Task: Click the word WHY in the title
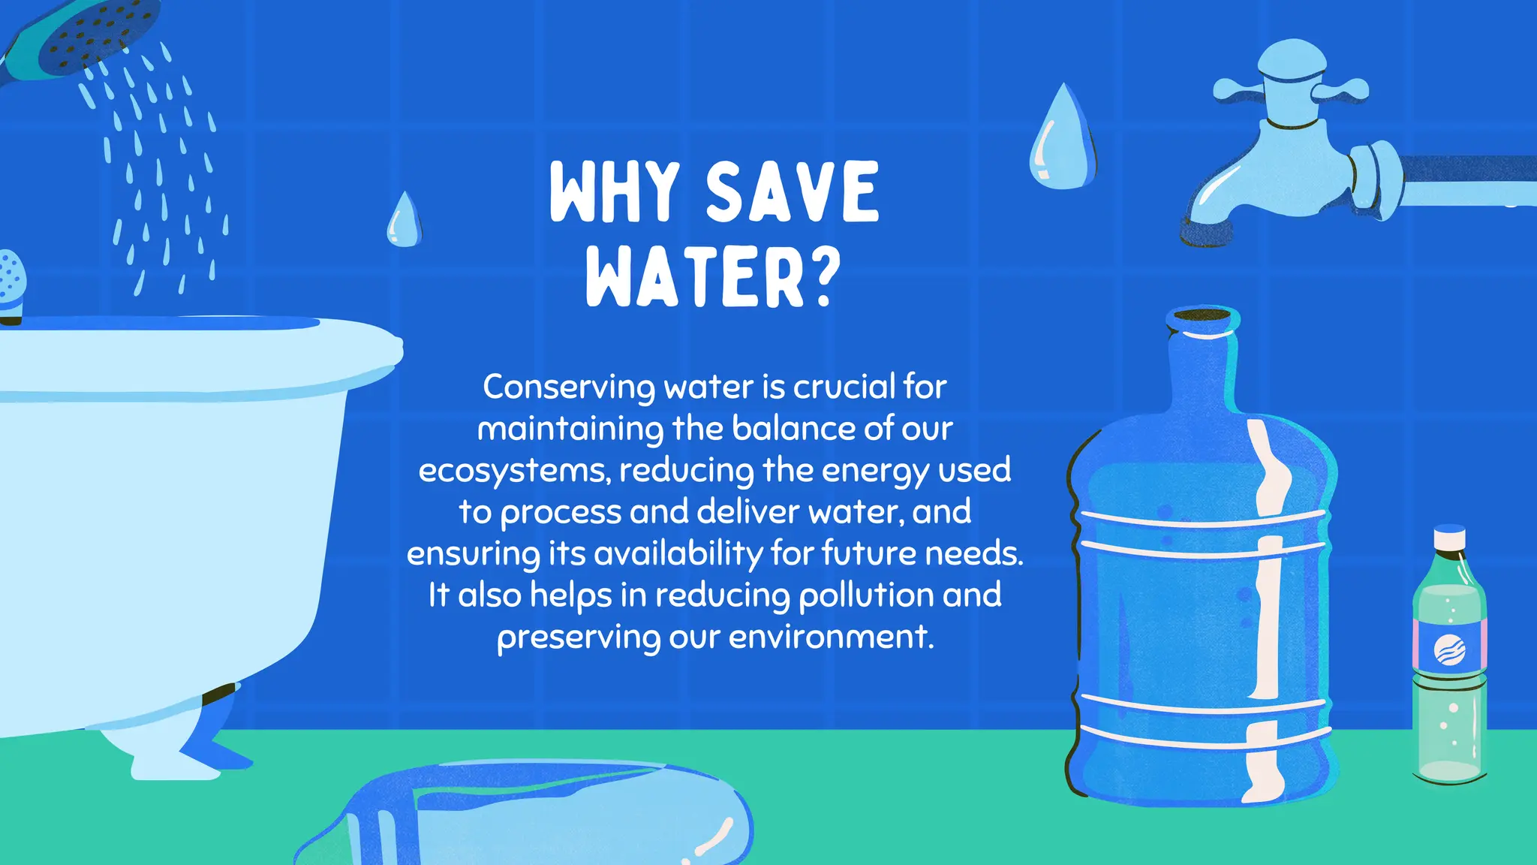click(615, 192)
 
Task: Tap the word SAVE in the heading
click(792, 192)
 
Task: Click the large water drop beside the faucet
click(1061, 139)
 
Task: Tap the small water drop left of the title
click(404, 221)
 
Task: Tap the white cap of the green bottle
click(1449, 538)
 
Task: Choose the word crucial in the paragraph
click(844, 387)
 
